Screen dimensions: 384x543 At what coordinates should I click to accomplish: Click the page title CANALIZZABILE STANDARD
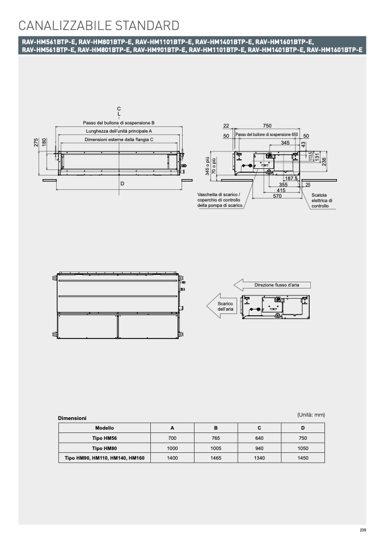pyautogui.click(x=99, y=26)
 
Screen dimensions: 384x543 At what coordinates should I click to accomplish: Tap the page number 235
pyautogui.click(x=362, y=530)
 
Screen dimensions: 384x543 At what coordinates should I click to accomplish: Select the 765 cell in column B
pyautogui.click(x=216, y=438)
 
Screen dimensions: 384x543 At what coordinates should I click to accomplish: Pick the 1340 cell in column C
pyautogui.click(x=259, y=458)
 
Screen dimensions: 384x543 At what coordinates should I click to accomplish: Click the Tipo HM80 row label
pyautogui.click(x=104, y=448)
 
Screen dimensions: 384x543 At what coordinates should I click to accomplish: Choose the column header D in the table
pyautogui.click(x=303, y=428)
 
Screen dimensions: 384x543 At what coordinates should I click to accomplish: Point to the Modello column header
pyautogui.click(x=104, y=428)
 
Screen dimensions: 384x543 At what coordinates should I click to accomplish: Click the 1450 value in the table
pyautogui.click(x=303, y=458)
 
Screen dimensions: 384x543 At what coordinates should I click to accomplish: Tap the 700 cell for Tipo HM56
pyautogui.click(x=172, y=438)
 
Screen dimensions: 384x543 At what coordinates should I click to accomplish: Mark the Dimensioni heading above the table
pyautogui.click(x=72, y=418)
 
